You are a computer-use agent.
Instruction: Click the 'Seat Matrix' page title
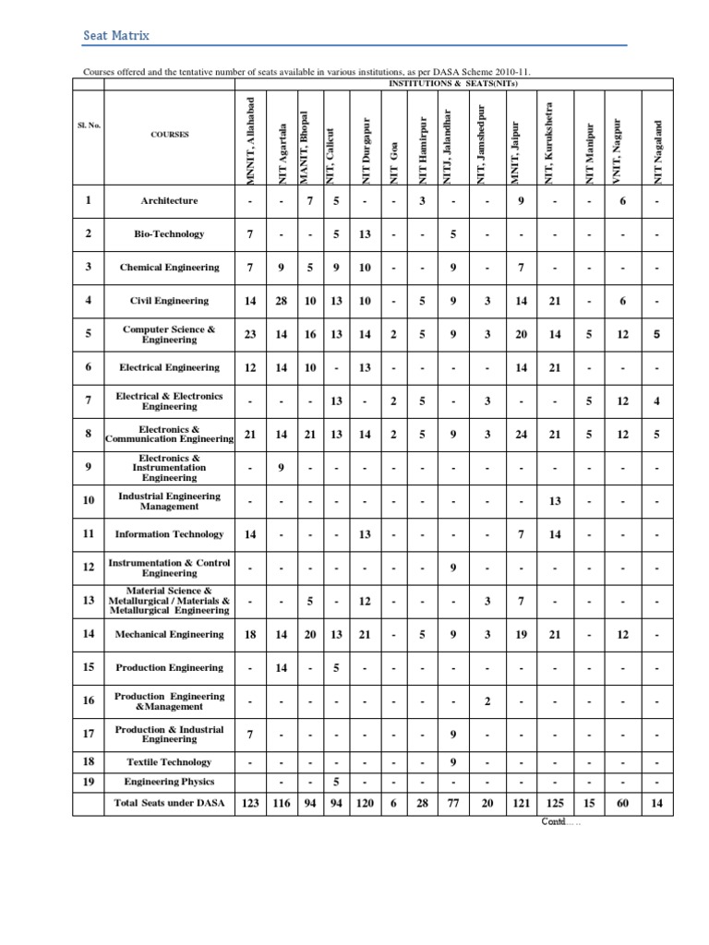point(116,36)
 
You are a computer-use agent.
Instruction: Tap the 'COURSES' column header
point(169,134)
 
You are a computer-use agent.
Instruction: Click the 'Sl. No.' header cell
point(88,134)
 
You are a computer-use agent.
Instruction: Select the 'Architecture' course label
point(169,200)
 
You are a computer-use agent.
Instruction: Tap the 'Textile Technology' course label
point(169,762)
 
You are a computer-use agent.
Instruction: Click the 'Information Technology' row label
point(169,534)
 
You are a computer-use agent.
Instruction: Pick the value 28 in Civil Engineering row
point(282,301)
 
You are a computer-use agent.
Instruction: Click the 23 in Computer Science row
point(250,334)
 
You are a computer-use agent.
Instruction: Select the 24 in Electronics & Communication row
point(522,434)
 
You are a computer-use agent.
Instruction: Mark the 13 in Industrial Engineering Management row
point(555,501)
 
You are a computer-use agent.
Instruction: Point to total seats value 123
point(250,804)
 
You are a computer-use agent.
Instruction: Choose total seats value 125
point(555,804)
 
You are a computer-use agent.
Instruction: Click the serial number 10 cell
point(88,501)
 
